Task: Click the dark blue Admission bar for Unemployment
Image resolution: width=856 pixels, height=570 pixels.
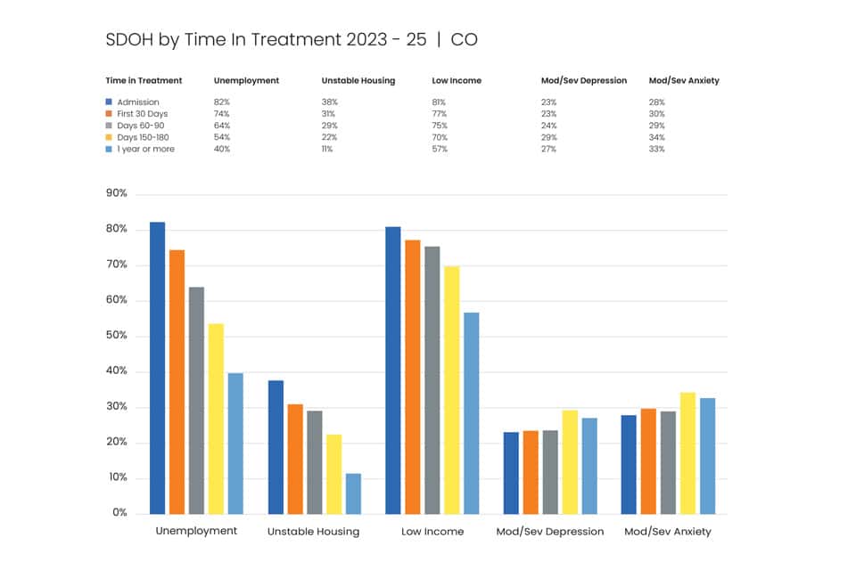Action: (157, 368)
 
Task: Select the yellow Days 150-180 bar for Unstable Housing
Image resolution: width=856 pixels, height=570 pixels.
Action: (334, 474)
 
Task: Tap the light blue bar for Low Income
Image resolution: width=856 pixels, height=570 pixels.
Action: (472, 413)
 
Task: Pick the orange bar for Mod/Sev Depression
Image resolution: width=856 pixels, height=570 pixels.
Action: (531, 472)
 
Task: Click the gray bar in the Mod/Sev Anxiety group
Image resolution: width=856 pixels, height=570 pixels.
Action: (668, 462)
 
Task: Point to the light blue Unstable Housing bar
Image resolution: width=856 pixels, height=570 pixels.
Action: (354, 493)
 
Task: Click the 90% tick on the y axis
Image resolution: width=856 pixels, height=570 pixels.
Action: (116, 193)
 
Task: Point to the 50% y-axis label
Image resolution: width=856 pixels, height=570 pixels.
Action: (116, 335)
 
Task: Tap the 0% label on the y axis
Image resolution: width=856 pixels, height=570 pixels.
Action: (119, 512)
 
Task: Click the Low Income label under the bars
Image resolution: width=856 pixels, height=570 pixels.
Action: (432, 532)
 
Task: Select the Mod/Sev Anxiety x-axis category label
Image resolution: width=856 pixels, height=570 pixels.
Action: (668, 532)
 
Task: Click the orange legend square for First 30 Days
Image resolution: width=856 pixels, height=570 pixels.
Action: (109, 113)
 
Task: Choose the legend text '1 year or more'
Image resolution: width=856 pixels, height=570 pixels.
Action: (145, 149)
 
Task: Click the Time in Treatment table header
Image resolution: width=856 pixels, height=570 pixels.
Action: (144, 80)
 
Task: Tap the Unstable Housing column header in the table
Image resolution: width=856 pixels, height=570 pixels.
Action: (358, 81)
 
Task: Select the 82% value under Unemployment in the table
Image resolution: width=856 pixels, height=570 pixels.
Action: (222, 102)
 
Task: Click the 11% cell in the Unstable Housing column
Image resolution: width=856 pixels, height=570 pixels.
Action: (327, 149)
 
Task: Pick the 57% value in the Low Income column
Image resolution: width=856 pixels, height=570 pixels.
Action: (440, 149)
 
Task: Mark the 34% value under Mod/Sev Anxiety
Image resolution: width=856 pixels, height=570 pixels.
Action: (657, 137)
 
